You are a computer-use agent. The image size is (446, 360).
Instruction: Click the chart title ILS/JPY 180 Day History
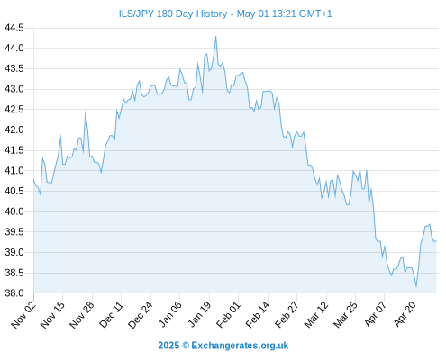173,13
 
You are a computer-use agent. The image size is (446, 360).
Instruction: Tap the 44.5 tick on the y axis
14,28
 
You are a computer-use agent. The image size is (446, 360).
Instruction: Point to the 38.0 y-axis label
14,293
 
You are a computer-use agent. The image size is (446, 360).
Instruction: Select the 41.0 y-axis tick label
14,171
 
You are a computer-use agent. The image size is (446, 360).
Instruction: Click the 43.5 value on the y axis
14,68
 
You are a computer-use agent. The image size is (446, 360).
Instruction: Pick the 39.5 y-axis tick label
14,232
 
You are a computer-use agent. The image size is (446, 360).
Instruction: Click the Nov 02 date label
23,315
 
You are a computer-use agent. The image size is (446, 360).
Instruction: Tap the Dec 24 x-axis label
141,315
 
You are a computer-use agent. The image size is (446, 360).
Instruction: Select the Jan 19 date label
199,315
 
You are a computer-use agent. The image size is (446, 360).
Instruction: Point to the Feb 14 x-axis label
258,315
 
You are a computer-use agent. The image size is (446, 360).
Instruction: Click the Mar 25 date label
345,315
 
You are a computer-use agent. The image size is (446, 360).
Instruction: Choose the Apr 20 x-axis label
405,314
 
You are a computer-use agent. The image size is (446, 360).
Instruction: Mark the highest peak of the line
215,37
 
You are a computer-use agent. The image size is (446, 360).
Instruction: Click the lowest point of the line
416,286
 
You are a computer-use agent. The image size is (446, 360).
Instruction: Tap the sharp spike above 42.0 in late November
86,112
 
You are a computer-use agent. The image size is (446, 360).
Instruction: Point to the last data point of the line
436,240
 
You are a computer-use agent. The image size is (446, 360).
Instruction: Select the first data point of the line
33,180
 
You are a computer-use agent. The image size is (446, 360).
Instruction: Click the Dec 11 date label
112,315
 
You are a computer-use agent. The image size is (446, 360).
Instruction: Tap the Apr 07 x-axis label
375,314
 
